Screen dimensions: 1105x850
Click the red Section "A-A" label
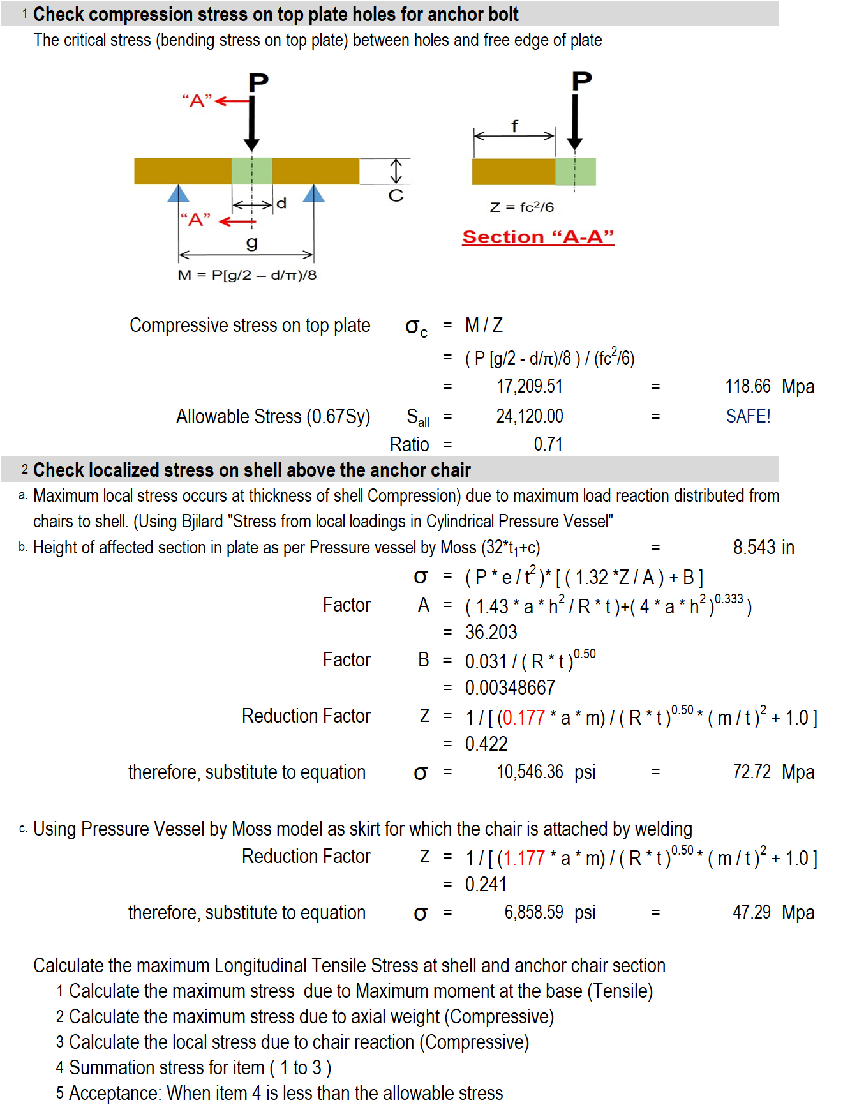(538, 237)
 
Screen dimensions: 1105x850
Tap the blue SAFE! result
(748, 416)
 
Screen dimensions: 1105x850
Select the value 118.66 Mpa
(769, 386)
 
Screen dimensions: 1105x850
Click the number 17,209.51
(530, 386)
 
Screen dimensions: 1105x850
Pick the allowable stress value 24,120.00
(530, 416)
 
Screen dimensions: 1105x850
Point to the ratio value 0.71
(548, 444)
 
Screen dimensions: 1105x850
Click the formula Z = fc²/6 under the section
(521, 207)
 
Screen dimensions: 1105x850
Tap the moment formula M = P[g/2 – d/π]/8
(247, 275)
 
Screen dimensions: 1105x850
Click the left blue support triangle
(178, 193)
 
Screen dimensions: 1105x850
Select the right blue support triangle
(313, 193)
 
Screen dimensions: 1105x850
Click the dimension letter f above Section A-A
(514, 126)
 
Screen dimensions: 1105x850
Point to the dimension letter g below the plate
(252, 243)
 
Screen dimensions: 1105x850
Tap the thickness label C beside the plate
(396, 195)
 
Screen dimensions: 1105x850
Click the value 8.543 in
(763, 547)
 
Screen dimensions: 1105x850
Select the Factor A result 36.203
(491, 632)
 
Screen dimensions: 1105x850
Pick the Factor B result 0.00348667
(510, 688)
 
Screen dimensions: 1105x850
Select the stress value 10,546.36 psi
(546, 772)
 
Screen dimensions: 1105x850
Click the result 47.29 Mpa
(773, 912)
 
